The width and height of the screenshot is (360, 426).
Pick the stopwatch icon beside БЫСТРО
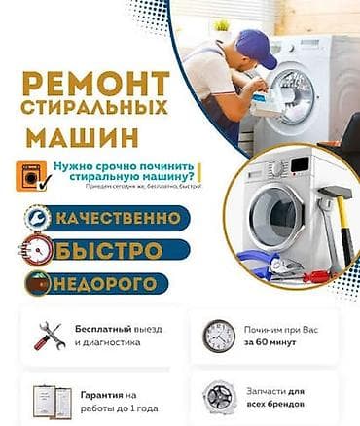(33, 250)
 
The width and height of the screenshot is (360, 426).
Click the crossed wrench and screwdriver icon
(48, 335)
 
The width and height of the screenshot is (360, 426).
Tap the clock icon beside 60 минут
(219, 336)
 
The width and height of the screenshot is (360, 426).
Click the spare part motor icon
(219, 396)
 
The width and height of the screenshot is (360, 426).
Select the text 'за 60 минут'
(277, 343)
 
